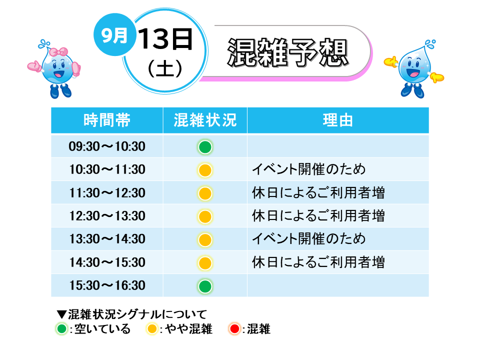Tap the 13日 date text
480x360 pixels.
(x=165, y=39)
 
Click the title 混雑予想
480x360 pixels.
(x=288, y=52)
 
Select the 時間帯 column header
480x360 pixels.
(x=107, y=120)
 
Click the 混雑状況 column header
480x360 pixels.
(x=205, y=120)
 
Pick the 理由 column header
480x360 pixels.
(x=338, y=120)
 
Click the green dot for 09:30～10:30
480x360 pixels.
(x=205, y=147)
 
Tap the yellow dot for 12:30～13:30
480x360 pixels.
(x=205, y=216)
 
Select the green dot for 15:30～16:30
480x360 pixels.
(x=205, y=286)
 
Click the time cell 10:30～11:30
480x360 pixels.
(x=107, y=169)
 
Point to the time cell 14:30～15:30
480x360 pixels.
(x=107, y=262)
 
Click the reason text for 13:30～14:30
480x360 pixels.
(x=309, y=239)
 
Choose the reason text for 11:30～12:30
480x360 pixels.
(x=318, y=193)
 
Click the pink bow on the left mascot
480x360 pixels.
(x=58, y=51)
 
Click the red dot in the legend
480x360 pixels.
(x=234, y=329)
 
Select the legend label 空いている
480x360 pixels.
(x=102, y=329)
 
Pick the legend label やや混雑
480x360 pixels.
(x=189, y=329)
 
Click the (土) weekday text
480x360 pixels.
(x=165, y=69)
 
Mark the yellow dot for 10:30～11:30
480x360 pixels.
(x=205, y=170)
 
